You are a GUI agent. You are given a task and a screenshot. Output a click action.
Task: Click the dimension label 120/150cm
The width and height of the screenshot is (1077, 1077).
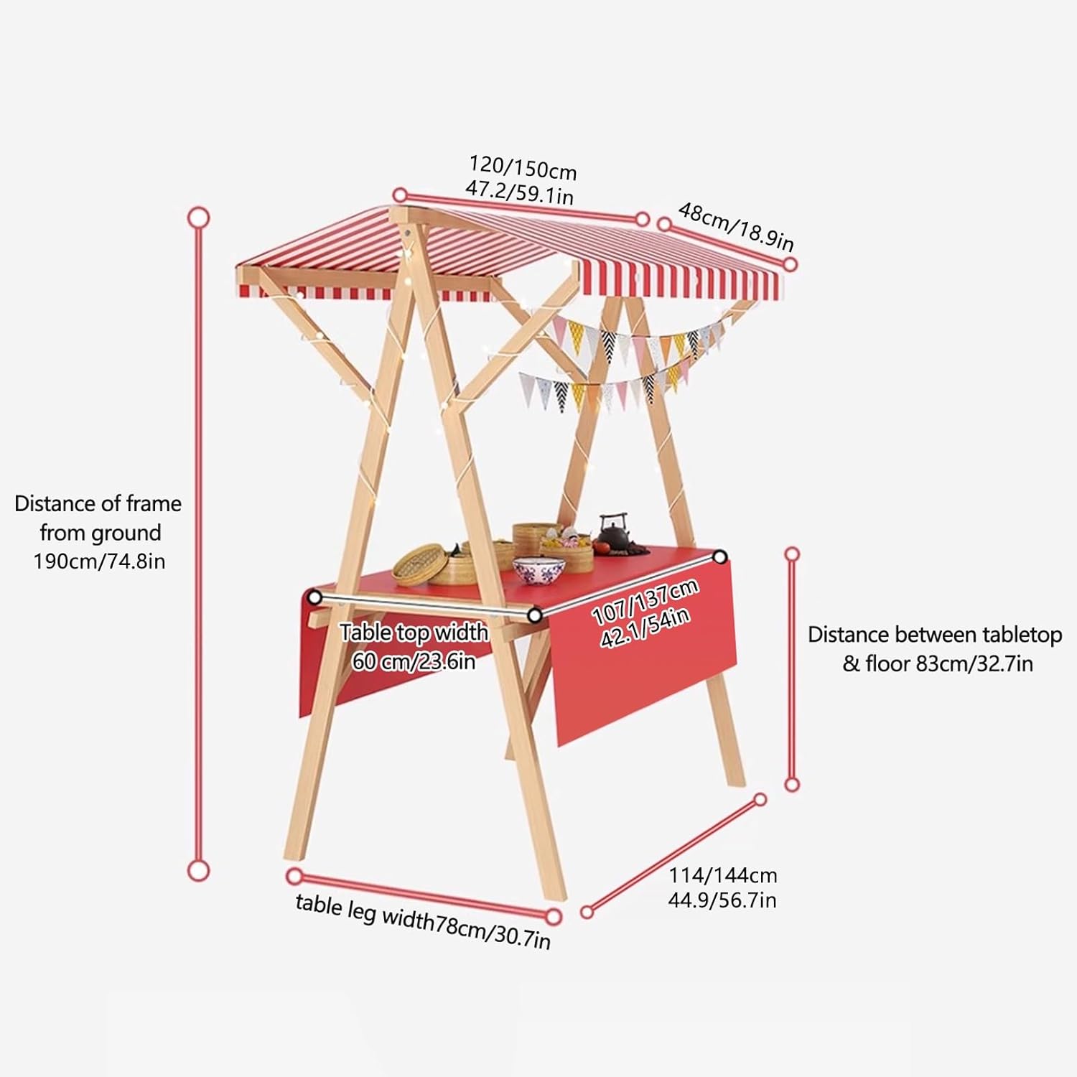[x=523, y=167]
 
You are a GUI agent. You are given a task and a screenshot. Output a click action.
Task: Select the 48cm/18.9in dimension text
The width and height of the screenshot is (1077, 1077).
[x=736, y=226]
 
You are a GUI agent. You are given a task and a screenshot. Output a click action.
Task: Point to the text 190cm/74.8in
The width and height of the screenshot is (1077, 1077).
[x=99, y=561]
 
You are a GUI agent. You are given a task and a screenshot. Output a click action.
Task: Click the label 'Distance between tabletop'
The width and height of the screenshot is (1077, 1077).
[x=934, y=635]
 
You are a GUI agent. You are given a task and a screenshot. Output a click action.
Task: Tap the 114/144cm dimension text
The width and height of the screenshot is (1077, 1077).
[x=723, y=875]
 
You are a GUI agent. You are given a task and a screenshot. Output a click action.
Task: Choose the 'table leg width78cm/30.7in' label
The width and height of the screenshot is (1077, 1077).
[x=423, y=921]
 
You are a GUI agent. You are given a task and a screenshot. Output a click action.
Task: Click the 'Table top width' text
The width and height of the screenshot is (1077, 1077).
[x=414, y=633]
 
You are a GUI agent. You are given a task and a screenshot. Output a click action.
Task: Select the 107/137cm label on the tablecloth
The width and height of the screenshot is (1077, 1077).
[x=644, y=602]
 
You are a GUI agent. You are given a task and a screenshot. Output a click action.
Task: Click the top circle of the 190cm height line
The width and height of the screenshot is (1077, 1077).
[x=198, y=217]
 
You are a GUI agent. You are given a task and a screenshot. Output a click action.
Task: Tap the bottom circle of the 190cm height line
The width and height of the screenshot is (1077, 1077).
[x=198, y=870]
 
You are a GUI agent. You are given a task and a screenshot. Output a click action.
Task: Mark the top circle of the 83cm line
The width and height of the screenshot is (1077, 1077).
[x=792, y=554]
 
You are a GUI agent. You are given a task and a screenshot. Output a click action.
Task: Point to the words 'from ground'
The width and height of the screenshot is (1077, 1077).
[x=101, y=533]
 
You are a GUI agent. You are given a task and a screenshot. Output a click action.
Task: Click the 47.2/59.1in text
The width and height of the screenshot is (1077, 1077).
[x=519, y=192]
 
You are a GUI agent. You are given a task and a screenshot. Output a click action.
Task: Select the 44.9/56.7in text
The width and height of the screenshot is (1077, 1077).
[x=722, y=900]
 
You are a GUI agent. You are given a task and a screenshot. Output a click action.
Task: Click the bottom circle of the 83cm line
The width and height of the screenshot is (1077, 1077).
[x=792, y=784]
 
